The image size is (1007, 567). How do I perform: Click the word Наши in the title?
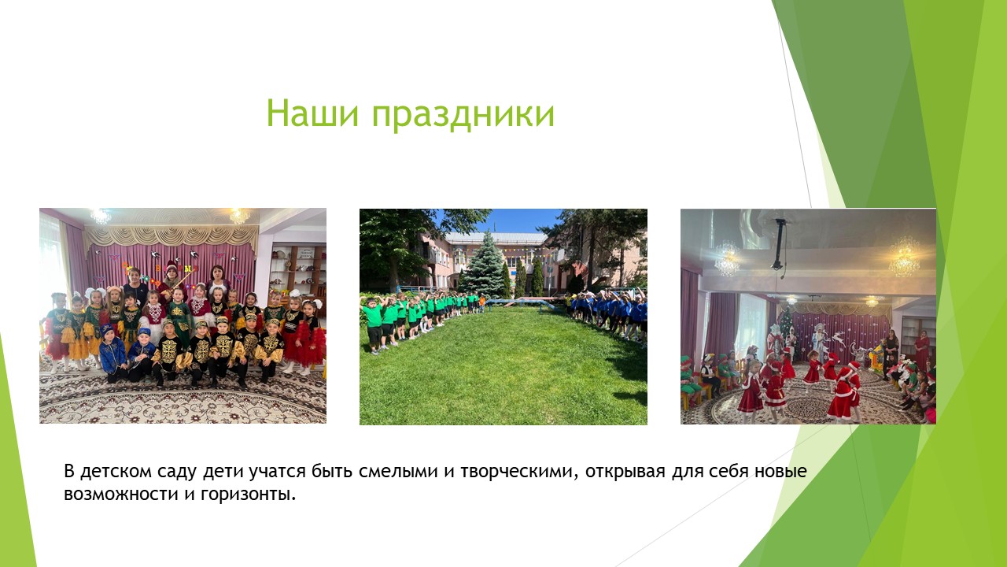tap(313, 113)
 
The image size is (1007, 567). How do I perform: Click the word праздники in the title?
tap(463, 115)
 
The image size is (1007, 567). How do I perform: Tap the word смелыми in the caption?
tap(398, 472)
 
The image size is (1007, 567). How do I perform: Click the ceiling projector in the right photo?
tap(779, 244)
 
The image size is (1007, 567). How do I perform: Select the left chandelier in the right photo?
tap(726, 260)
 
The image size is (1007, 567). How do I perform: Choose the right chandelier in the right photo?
tap(904, 258)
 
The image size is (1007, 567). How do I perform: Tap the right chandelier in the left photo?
tap(240, 216)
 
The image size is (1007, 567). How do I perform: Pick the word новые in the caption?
tap(780, 472)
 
